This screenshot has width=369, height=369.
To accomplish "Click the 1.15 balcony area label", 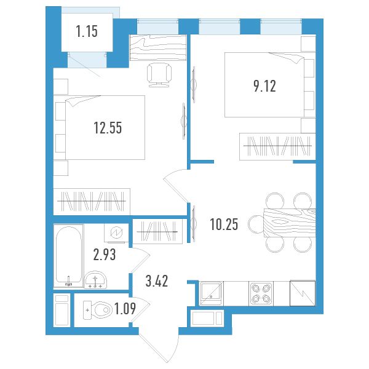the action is [x=87, y=31].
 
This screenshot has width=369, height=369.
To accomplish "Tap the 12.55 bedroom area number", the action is [x=108, y=128].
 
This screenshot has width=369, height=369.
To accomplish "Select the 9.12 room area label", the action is [x=264, y=86].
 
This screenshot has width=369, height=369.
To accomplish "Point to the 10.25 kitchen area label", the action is [x=224, y=224].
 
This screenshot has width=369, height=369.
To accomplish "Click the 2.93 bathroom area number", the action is [x=105, y=255].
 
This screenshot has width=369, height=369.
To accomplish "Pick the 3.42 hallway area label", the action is [x=157, y=281].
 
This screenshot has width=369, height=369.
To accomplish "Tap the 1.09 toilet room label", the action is [x=125, y=309].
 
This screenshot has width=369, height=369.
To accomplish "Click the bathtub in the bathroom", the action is [x=68, y=256].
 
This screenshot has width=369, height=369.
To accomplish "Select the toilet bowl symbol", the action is [x=97, y=310].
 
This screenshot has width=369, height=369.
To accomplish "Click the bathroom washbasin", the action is [x=95, y=280].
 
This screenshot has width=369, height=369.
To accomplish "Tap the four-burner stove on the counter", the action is [x=261, y=293].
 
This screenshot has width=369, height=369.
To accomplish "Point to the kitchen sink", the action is [x=211, y=293].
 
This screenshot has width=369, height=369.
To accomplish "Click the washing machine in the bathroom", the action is [x=116, y=232].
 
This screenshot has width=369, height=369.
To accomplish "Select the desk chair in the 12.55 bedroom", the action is [x=159, y=75].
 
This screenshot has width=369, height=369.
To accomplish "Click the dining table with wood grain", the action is [x=290, y=223].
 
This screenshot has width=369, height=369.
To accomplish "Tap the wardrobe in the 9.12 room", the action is [x=277, y=146].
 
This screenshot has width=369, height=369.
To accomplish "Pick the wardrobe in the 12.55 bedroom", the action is [x=92, y=202].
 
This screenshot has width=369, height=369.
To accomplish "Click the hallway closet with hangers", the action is [x=157, y=232].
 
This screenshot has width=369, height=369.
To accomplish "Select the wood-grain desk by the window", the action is [x=158, y=47].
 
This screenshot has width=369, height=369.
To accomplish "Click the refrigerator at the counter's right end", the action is [x=303, y=293].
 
